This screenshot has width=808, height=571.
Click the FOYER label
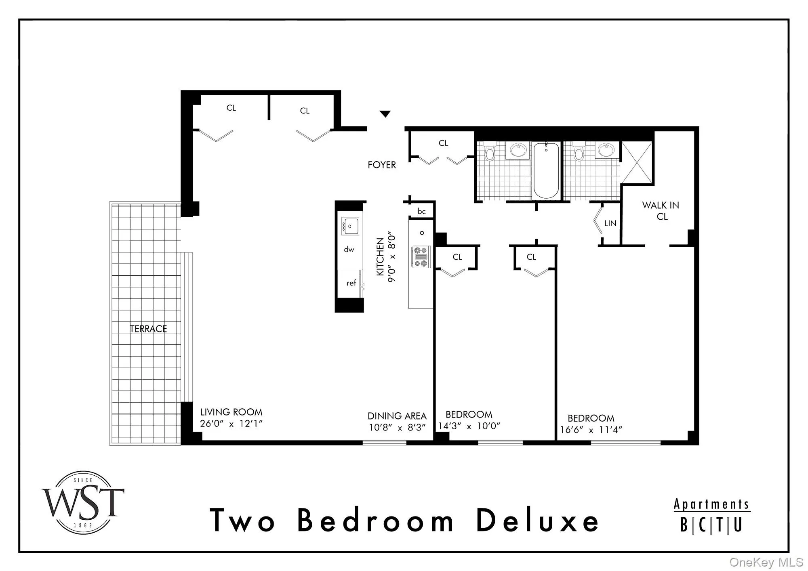(382, 165)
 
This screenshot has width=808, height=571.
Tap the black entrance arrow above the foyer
(385, 114)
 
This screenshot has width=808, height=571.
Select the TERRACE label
(148, 329)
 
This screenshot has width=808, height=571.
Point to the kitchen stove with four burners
(421, 257)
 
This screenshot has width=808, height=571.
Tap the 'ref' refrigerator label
(351, 283)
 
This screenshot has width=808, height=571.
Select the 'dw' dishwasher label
(349, 250)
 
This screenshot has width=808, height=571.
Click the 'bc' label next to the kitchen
(421, 211)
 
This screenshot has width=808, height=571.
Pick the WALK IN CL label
(661, 211)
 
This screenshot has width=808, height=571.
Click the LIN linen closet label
(610, 223)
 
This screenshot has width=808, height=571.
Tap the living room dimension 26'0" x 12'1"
(231, 424)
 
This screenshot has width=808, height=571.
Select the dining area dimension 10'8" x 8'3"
(397, 427)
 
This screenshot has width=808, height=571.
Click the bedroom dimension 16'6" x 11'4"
(591, 430)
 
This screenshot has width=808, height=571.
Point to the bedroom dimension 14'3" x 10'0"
(469, 426)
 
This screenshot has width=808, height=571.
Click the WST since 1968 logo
(83, 503)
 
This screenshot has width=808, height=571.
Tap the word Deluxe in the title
(538, 521)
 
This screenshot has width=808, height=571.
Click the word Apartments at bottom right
(711, 504)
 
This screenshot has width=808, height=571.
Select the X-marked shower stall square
(637, 162)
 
